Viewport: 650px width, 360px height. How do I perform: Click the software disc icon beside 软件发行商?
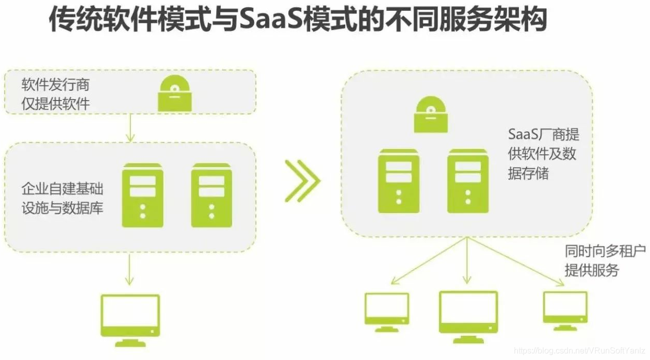[x=175, y=94]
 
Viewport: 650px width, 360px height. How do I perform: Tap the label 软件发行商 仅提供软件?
[x=56, y=94]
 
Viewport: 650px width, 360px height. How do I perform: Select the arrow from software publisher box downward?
[x=131, y=127]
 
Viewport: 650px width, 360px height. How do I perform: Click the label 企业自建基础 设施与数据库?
[x=62, y=197]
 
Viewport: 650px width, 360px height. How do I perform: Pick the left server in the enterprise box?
[x=142, y=195]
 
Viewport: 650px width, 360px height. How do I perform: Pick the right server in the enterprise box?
[x=212, y=195]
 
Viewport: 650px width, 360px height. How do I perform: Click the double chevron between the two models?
[x=302, y=181]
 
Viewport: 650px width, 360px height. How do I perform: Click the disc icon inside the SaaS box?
[x=431, y=114]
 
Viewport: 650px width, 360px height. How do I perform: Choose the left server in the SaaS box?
[x=399, y=181]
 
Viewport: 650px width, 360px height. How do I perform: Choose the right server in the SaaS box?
[x=468, y=181]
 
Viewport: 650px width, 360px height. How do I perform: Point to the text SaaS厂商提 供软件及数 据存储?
[x=543, y=154]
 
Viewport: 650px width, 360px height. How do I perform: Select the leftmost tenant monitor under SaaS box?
[x=386, y=309]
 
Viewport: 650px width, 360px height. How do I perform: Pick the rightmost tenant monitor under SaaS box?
[x=565, y=309]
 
